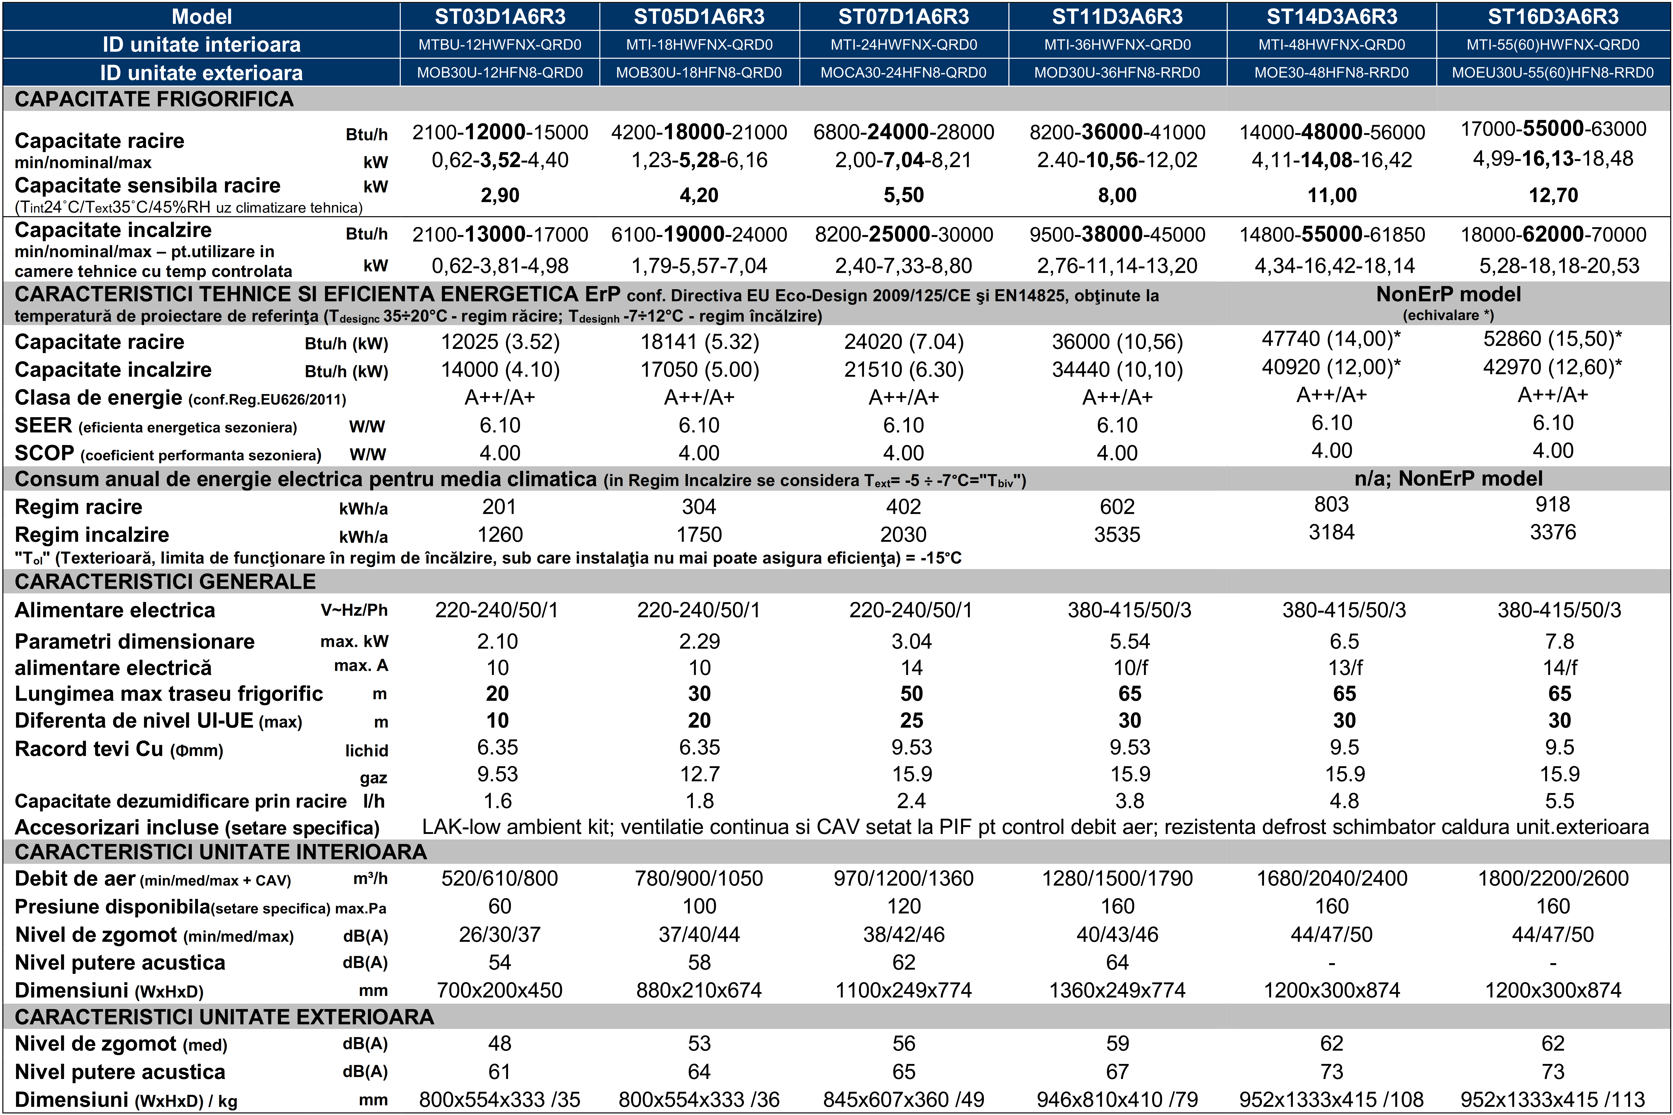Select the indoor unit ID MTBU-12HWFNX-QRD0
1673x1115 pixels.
coord(500,45)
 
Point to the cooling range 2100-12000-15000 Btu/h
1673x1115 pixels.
coord(500,132)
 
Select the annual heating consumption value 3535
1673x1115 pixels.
coord(1117,535)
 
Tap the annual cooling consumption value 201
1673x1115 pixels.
coord(499,507)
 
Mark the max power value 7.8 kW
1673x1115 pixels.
coord(1559,641)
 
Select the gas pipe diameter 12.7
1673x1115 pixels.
coord(699,774)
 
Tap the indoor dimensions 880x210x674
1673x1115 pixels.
coord(699,991)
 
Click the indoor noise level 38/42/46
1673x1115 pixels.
coord(904,934)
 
